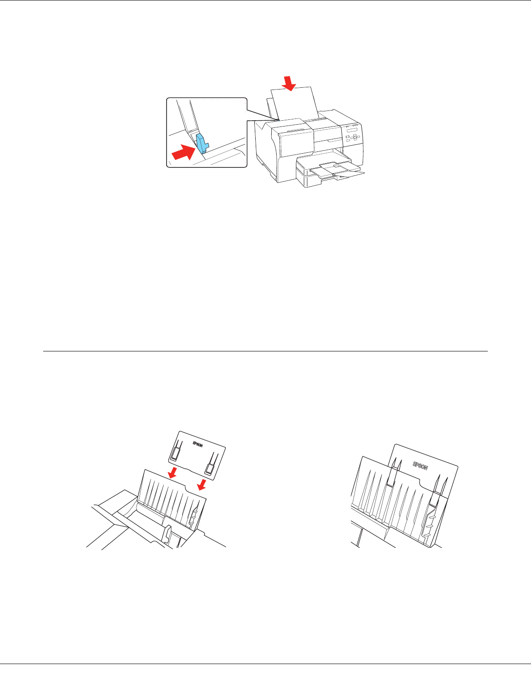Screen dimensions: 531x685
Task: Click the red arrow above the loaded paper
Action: coord(289,84)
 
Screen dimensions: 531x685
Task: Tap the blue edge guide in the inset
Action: coord(202,143)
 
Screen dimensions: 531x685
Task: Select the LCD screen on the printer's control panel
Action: coord(351,130)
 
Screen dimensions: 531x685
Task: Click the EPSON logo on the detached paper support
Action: coord(198,444)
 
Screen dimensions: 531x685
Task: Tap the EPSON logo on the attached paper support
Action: coord(421,466)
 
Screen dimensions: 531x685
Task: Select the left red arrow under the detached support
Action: coord(172,473)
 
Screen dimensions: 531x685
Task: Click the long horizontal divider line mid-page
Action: coord(265,351)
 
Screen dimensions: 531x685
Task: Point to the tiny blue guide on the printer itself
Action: coord(278,119)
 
